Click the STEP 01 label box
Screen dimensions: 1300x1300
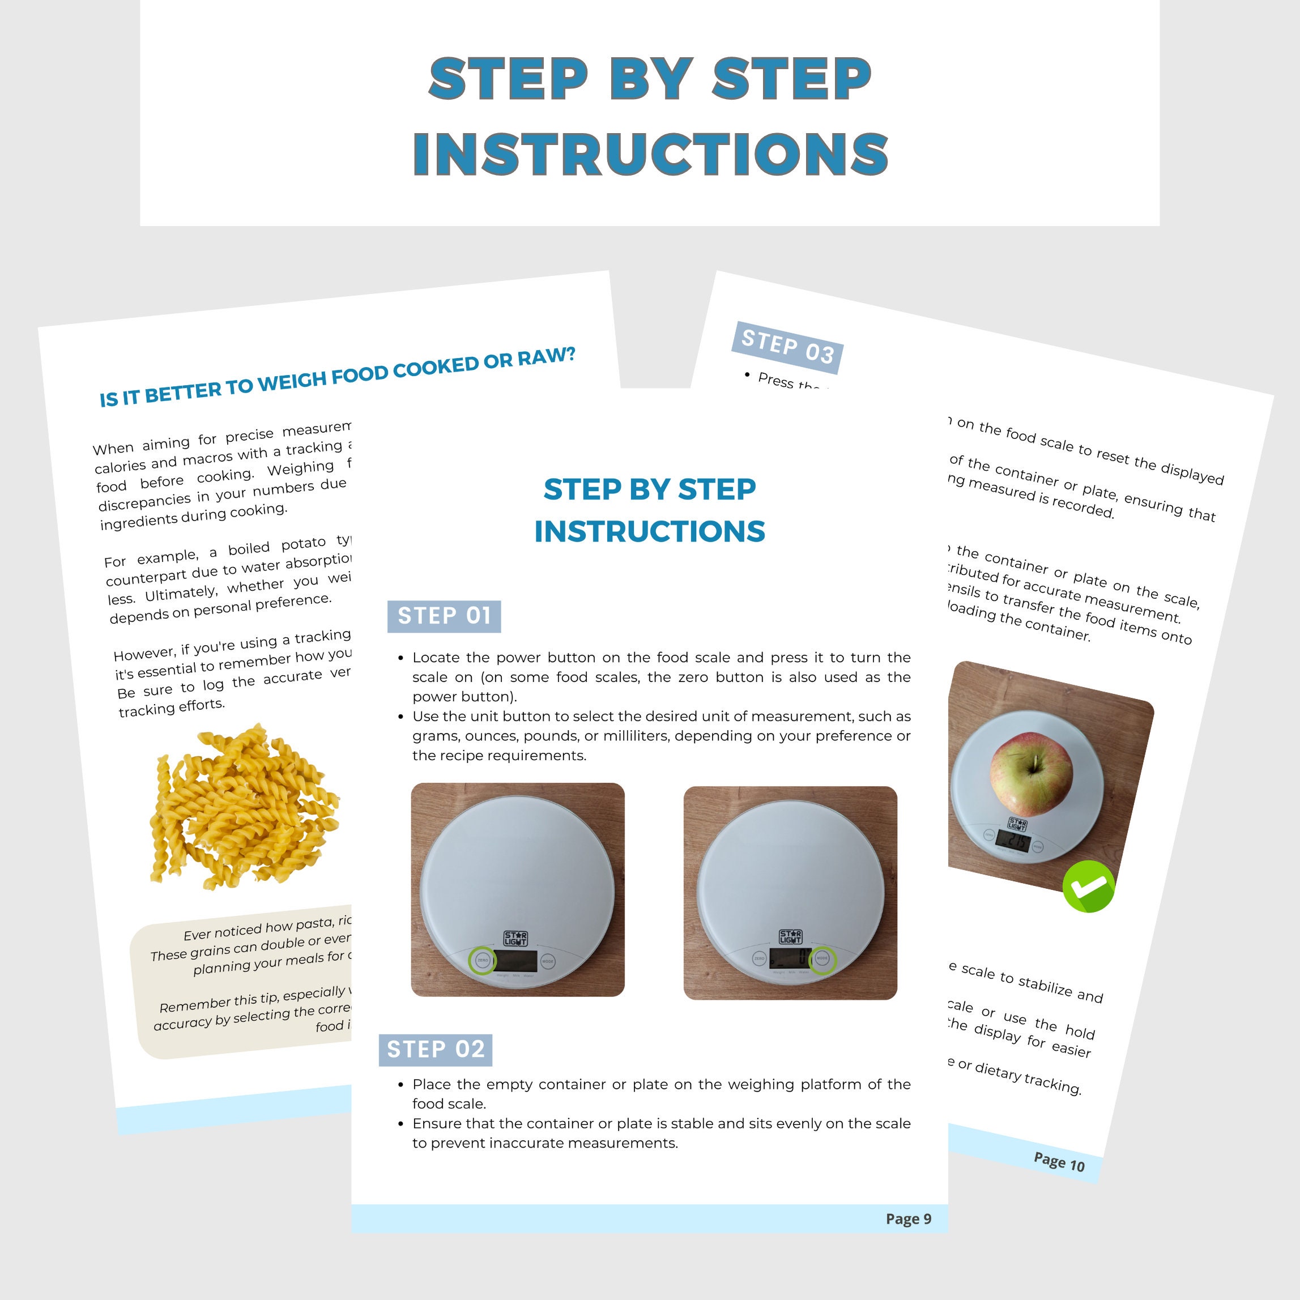(x=444, y=616)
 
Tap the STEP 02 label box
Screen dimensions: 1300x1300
(x=436, y=1049)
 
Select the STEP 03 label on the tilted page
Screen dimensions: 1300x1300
(x=787, y=347)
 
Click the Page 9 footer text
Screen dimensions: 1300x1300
(x=909, y=1218)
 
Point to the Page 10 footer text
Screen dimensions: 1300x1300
(x=1059, y=1161)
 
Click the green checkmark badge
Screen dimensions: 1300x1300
(x=1088, y=886)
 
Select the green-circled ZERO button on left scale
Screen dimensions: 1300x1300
(x=483, y=960)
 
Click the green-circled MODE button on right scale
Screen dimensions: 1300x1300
(x=822, y=959)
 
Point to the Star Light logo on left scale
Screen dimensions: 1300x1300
(x=515, y=938)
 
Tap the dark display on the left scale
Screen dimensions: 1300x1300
(x=515, y=961)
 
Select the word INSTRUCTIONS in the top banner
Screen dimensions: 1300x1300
(x=650, y=154)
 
